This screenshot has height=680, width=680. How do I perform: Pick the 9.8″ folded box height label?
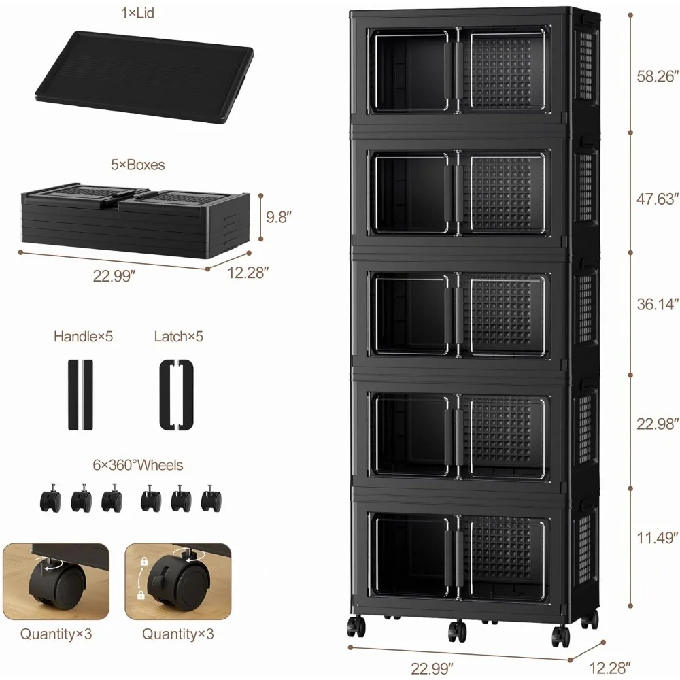279,218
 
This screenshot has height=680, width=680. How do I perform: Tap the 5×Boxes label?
138,165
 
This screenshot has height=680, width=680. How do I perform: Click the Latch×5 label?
179,336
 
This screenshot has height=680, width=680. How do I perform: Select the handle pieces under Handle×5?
79,394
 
